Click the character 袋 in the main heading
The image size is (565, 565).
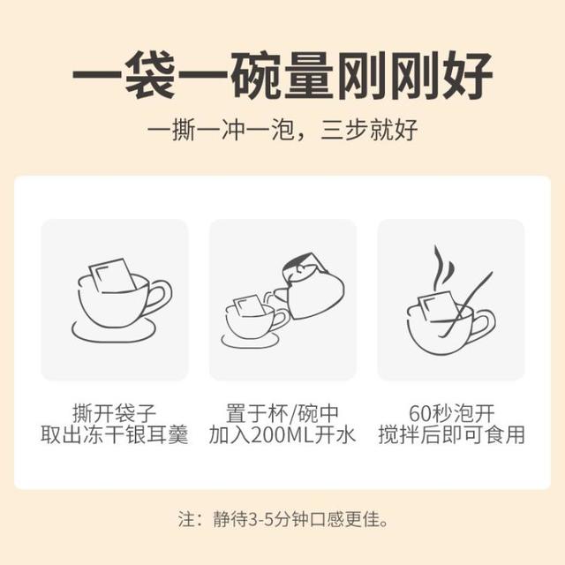[150, 76]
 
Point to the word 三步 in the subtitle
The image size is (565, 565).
[344, 130]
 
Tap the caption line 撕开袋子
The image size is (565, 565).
[115, 413]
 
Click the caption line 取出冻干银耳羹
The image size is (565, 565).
[115, 435]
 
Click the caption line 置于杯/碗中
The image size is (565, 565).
[282, 413]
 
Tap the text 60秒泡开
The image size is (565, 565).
[451, 413]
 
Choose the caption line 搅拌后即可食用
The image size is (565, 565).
[451, 435]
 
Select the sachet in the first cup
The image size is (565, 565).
[112, 275]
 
